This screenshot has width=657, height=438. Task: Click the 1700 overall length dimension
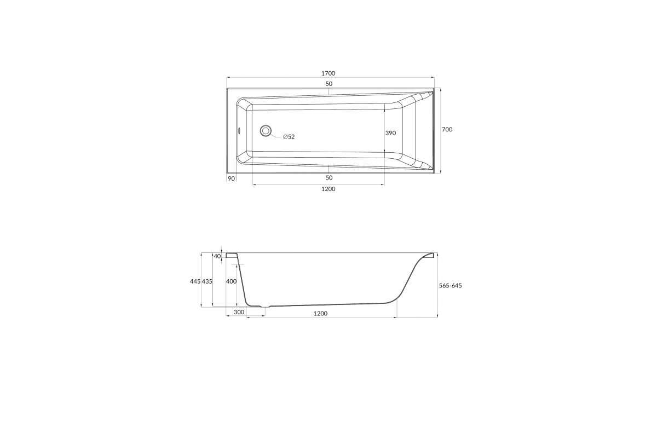click(328, 73)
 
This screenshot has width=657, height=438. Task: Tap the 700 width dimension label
click(447, 129)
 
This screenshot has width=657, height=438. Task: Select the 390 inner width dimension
click(390, 133)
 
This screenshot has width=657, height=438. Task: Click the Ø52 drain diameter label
click(289, 137)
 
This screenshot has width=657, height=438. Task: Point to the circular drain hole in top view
click(266, 130)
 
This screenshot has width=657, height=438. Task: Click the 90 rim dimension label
click(231, 178)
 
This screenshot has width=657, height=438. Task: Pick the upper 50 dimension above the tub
click(329, 84)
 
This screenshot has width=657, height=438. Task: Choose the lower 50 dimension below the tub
click(329, 178)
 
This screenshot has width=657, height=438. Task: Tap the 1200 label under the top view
click(328, 189)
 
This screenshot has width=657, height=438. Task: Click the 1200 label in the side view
click(320, 314)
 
